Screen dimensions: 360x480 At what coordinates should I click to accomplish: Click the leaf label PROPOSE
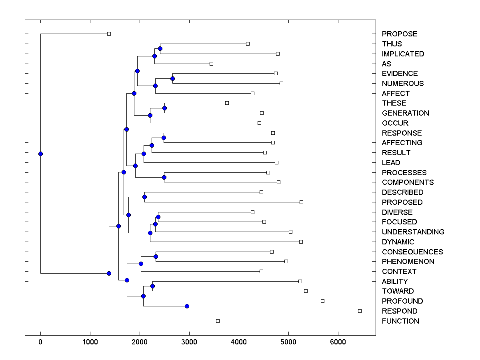[399, 34]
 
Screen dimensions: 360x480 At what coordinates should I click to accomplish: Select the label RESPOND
[399, 311]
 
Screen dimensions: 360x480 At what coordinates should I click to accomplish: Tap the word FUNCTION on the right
[400, 321]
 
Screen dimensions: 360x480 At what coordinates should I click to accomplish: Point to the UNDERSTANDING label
[413, 232]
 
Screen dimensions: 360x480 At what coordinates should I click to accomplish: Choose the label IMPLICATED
[403, 54]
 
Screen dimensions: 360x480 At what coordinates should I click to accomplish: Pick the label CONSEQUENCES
[412, 252]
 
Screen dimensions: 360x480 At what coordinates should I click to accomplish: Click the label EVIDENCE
[400, 74]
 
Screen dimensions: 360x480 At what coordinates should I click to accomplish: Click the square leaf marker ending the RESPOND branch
[360, 311]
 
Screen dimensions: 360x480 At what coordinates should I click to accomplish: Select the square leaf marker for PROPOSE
[109, 34]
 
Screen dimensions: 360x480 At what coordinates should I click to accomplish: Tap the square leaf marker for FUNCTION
[218, 321]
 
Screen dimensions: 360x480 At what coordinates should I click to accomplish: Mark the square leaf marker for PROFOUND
[322, 301]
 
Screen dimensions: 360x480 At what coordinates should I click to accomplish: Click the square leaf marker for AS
[212, 64]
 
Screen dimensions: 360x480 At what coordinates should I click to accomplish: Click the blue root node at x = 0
[40, 154]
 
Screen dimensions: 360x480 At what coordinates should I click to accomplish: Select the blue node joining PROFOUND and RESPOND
[187, 306]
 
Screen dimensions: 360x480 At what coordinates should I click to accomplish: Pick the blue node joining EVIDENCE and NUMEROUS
[172, 78]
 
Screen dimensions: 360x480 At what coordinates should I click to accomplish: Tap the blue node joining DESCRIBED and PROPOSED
[144, 197]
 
